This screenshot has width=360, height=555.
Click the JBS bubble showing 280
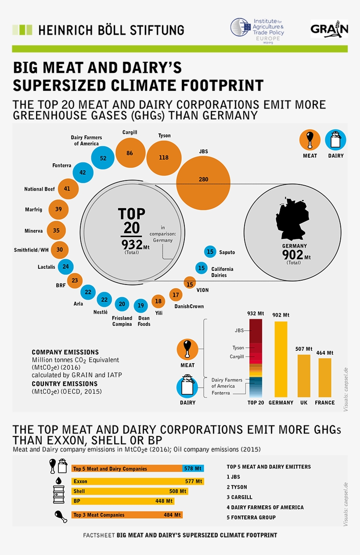point(203,179)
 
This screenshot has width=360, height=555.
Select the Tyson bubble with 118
point(164,158)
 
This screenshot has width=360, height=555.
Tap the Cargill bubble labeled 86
point(130,153)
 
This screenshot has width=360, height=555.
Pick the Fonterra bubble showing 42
point(83,173)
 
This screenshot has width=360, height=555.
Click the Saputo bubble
point(210,252)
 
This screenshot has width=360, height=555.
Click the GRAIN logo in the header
point(329,29)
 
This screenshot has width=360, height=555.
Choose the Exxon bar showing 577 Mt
point(137,481)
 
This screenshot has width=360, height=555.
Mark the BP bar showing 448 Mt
point(123,501)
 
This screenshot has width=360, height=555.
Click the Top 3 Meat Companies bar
point(127,515)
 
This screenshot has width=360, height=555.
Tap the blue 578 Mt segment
point(193,469)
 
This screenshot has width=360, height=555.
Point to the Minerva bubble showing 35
point(56,231)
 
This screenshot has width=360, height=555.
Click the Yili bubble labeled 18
point(158,301)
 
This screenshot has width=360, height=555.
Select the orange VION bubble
point(190,284)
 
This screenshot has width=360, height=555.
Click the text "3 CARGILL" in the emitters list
point(240,497)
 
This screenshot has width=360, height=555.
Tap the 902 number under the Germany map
point(293,255)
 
